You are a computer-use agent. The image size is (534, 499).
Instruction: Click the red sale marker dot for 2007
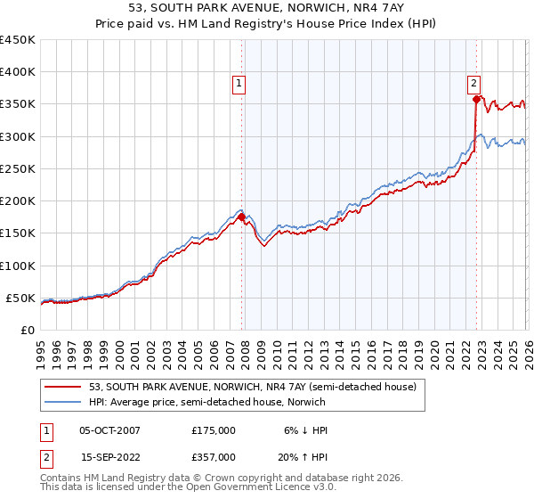(241, 217)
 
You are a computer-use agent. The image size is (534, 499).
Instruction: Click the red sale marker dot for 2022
(477, 100)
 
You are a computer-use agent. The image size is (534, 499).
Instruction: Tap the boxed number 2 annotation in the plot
(475, 84)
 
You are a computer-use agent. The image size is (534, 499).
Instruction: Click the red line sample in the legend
(63, 387)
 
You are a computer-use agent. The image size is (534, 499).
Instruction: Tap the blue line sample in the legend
(63, 403)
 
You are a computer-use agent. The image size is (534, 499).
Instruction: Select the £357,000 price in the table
(214, 456)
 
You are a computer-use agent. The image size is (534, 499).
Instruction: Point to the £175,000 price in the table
(214, 430)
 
